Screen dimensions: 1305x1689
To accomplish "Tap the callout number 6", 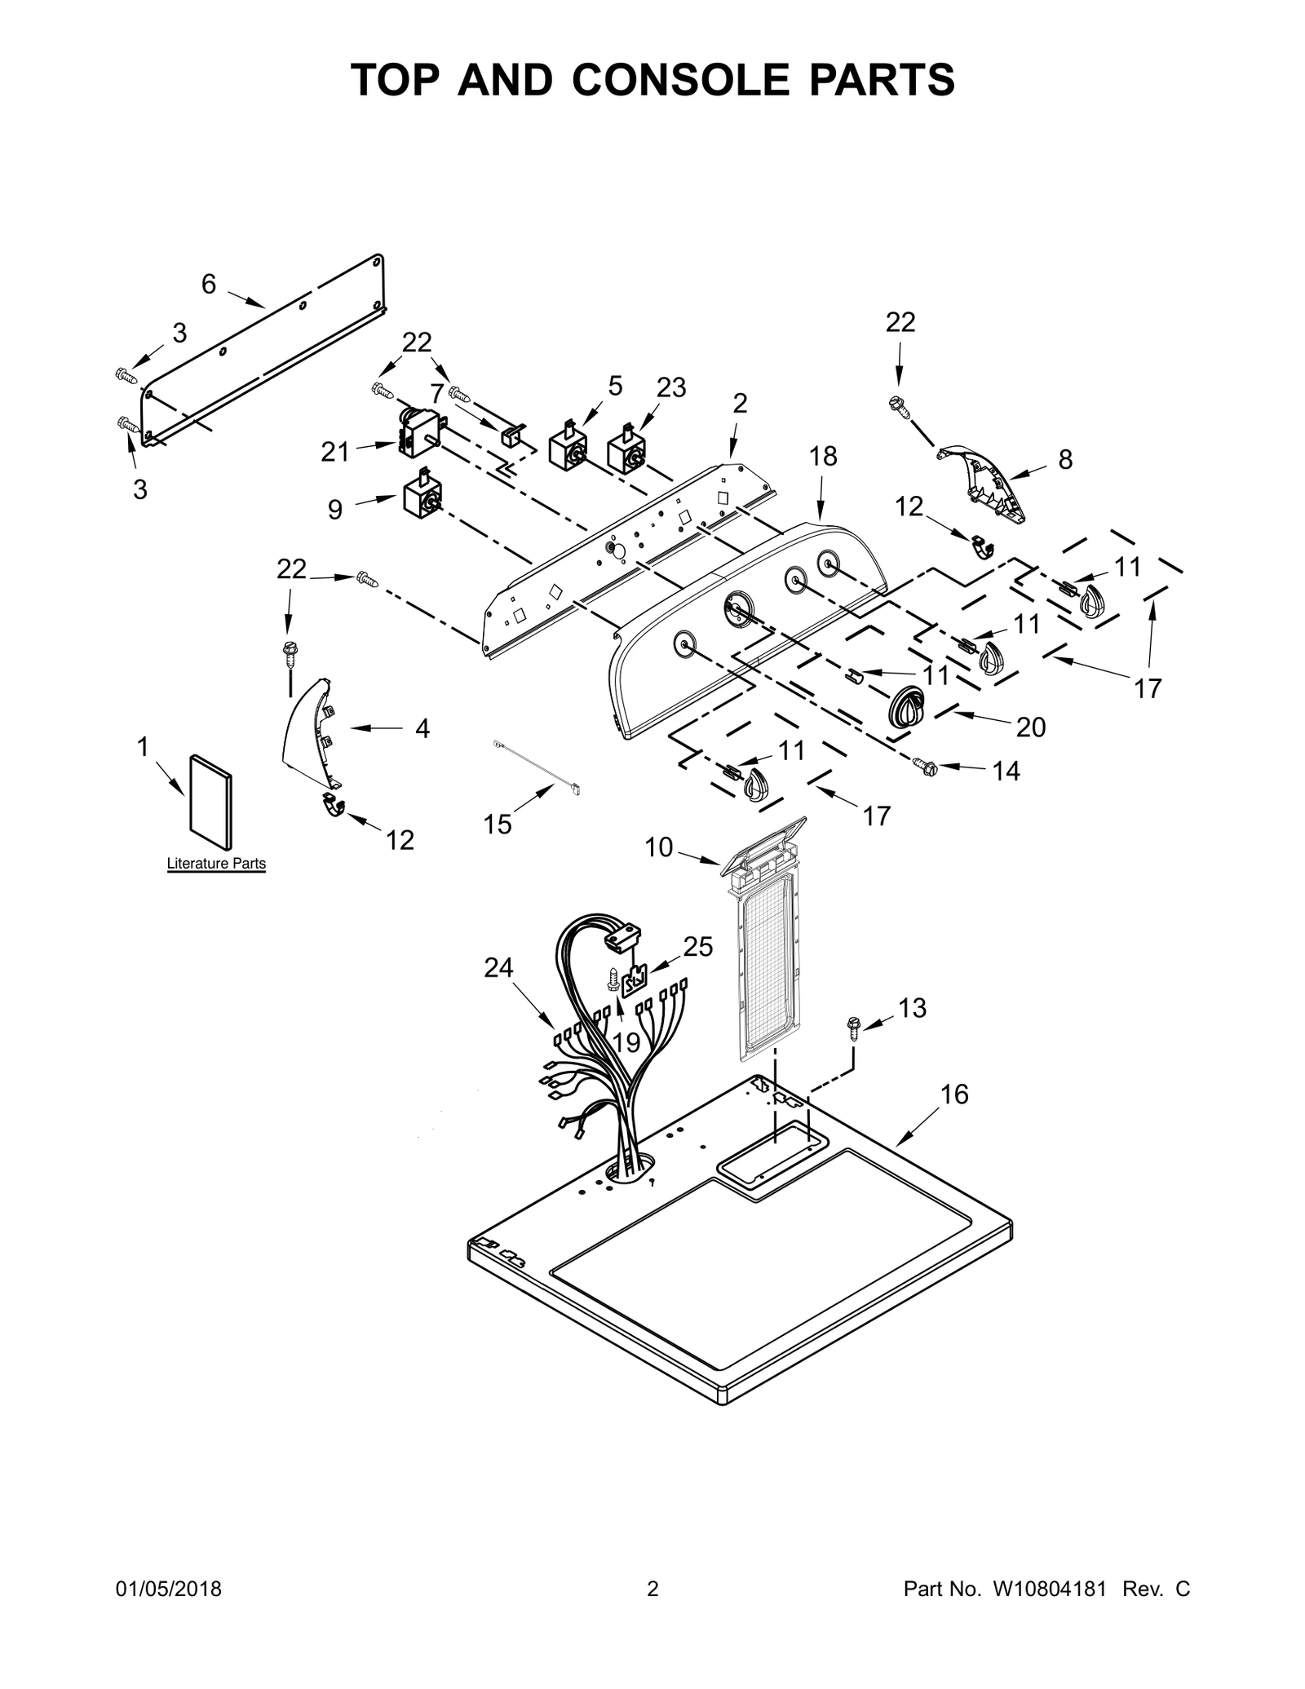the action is (x=209, y=285).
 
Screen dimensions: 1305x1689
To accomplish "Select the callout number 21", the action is (x=334, y=451).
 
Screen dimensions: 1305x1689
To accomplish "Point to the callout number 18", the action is (x=823, y=457).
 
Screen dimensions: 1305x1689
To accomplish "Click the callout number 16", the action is (x=954, y=1094).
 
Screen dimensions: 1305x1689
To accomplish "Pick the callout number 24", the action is (x=498, y=968).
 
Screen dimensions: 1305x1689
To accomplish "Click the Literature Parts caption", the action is (x=216, y=863).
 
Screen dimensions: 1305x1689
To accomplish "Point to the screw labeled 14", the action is (x=926, y=766).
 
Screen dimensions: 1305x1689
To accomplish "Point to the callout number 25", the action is (x=698, y=947).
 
